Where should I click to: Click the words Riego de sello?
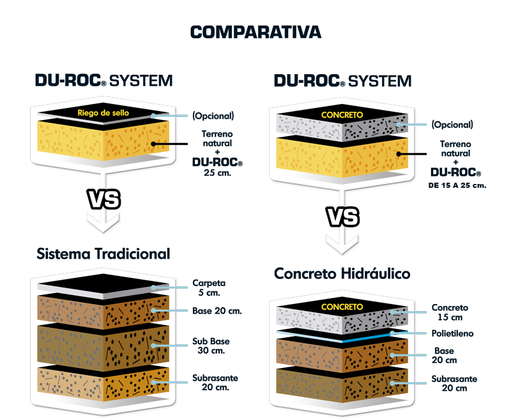click(x=103, y=113)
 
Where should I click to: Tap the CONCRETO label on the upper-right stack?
click(x=342, y=115)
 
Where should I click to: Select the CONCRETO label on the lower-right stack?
click(x=342, y=307)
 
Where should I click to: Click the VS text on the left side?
click(x=103, y=199)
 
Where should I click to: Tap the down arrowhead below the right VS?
click(x=343, y=243)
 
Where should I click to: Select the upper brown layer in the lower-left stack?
click(x=103, y=312)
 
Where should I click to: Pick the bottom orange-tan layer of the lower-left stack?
click(x=103, y=382)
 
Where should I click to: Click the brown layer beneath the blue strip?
click(x=342, y=355)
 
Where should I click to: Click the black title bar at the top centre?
click(x=256, y=32)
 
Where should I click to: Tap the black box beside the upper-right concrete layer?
click(x=452, y=124)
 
